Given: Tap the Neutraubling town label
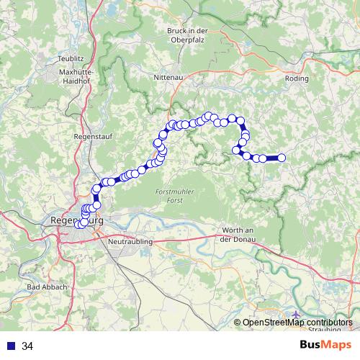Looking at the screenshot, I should click(x=130, y=243).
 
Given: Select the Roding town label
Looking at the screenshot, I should click(x=297, y=78).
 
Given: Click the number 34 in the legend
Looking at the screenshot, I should click(x=27, y=346).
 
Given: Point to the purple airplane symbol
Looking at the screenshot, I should click(x=298, y=314).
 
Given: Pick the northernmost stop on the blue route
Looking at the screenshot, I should click(x=209, y=115).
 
